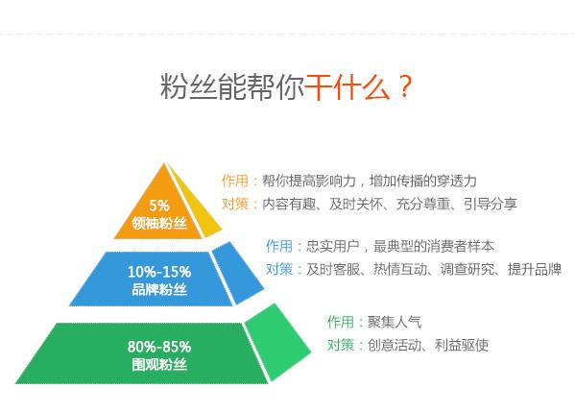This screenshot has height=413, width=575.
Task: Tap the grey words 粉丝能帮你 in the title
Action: click(x=233, y=87)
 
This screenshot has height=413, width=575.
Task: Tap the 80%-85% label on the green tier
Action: click(x=159, y=346)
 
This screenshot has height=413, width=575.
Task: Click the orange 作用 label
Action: click(x=237, y=181)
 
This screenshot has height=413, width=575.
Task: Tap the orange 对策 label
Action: click(x=237, y=204)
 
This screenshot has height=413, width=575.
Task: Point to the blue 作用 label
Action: click(x=281, y=246)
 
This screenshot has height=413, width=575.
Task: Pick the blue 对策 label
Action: click(x=281, y=269)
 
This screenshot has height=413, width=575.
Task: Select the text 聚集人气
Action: click(x=395, y=322)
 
